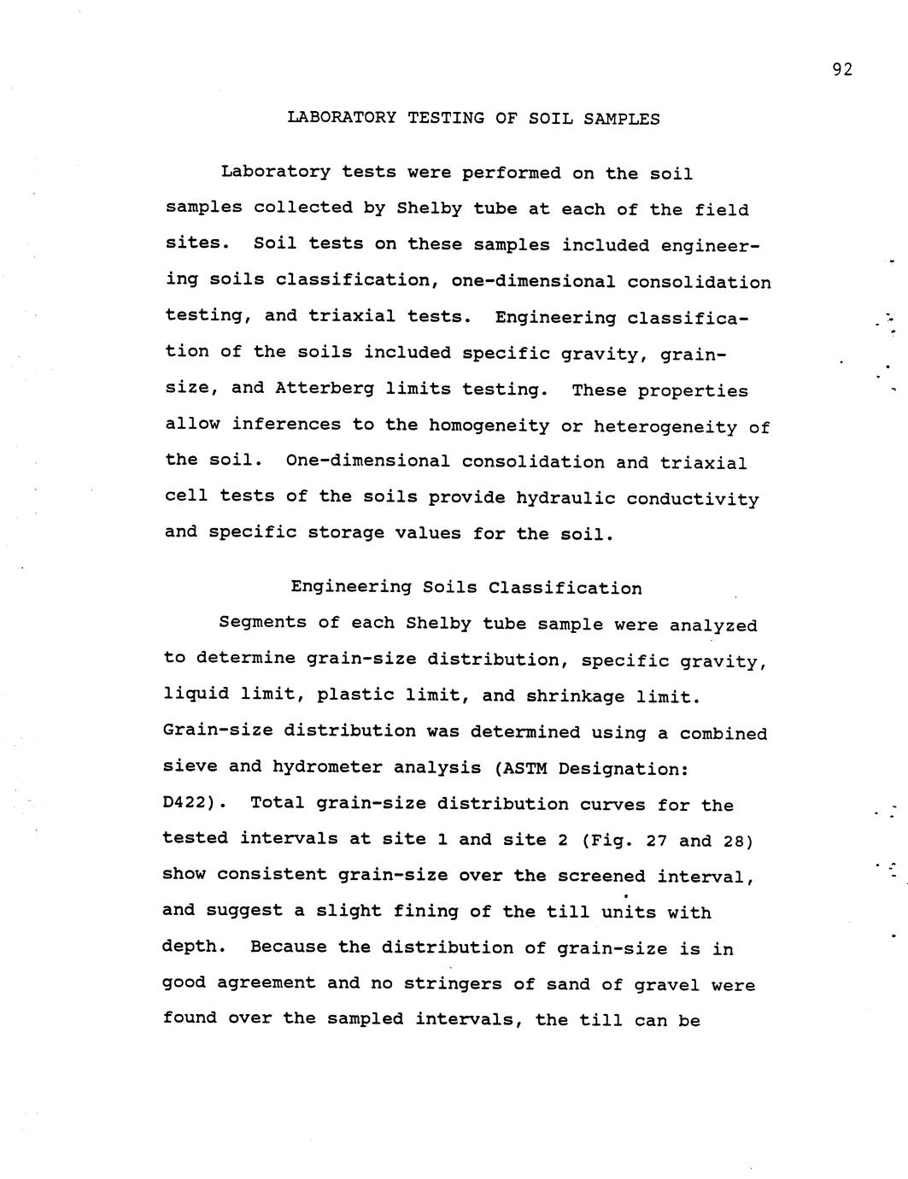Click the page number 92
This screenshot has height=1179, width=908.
click(841, 70)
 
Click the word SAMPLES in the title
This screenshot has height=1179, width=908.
click(621, 119)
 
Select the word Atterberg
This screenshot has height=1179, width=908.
click(325, 388)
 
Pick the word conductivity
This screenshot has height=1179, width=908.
click(692, 499)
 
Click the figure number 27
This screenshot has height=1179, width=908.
click(656, 841)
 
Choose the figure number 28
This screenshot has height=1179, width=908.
click(733, 841)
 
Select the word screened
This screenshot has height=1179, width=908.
click(602, 877)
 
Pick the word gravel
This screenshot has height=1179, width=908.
click(667, 984)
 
